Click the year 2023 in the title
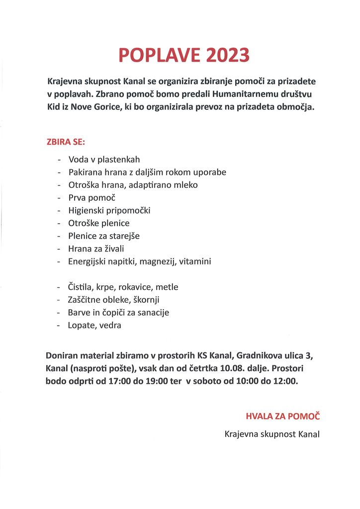point(226,55)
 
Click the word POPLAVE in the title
point(159,55)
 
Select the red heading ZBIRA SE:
point(66,142)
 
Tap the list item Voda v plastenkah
point(104,160)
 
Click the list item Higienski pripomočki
point(109,210)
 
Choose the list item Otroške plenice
point(99,223)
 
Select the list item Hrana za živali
point(96,249)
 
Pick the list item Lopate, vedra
point(94,325)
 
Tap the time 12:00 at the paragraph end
point(285,381)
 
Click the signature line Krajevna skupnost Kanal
point(272,434)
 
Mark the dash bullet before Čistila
point(59,287)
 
